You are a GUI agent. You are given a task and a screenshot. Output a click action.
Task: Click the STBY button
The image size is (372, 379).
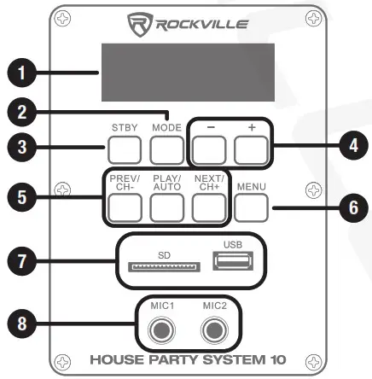(x=125, y=151)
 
